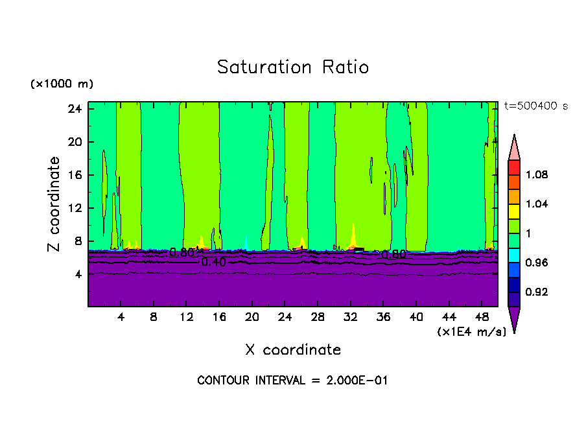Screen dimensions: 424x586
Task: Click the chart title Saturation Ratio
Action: click(293, 67)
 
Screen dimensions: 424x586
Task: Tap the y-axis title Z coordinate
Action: click(54, 204)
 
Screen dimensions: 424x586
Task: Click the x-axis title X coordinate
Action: click(293, 350)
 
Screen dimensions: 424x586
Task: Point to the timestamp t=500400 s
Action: click(536, 106)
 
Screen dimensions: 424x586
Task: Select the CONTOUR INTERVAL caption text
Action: click(292, 381)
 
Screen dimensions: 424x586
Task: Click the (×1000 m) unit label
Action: click(62, 84)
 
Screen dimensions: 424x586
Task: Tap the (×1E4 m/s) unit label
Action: click(471, 332)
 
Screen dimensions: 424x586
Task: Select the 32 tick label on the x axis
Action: click(351, 318)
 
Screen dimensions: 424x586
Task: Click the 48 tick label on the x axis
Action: click(482, 318)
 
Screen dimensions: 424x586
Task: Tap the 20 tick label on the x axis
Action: click(252, 318)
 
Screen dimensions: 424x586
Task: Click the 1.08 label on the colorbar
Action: click(537, 174)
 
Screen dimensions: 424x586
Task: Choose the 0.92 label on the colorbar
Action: click(537, 292)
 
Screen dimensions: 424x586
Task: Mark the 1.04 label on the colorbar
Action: click(537, 204)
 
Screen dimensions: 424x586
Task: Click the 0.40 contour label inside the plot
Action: click(213, 262)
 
